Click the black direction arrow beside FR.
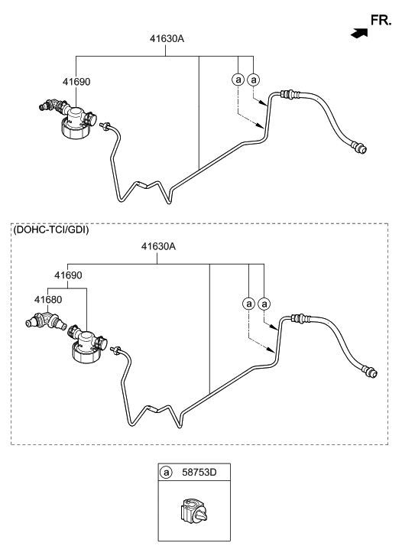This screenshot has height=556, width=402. [356, 34]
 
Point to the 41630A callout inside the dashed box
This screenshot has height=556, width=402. [158, 247]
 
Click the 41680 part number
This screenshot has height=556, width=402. [47, 301]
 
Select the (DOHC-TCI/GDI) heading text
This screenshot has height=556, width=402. [50, 229]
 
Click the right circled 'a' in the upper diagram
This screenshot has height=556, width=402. [253, 80]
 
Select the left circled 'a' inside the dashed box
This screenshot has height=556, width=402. [249, 304]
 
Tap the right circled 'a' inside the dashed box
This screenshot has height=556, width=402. [264, 304]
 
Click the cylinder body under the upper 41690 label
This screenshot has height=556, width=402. [76, 123]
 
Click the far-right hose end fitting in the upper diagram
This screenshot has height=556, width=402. [359, 147]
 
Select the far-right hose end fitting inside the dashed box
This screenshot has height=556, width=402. [370, 372]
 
